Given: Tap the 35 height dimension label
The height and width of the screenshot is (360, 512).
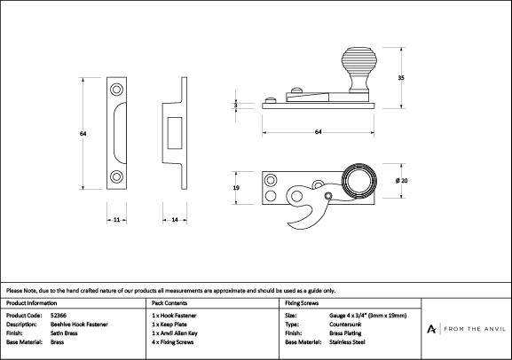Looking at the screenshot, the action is coord(401,78).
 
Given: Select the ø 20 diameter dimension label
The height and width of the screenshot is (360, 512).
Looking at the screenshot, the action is coord(401,181).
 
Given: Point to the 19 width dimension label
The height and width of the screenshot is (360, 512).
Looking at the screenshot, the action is coord(236,188).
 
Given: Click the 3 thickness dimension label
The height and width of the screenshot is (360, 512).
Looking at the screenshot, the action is coord(235,106).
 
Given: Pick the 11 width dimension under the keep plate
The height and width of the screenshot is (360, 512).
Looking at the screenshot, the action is coord(116,220).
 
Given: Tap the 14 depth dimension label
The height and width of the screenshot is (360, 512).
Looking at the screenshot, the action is coord(175,220).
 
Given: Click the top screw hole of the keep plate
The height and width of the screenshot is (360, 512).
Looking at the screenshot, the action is coord(116,90).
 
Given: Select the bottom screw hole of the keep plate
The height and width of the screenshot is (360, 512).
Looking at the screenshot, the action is coord(116,176).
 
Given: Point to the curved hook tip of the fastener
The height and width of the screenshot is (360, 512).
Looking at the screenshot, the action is coord(290,224).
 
